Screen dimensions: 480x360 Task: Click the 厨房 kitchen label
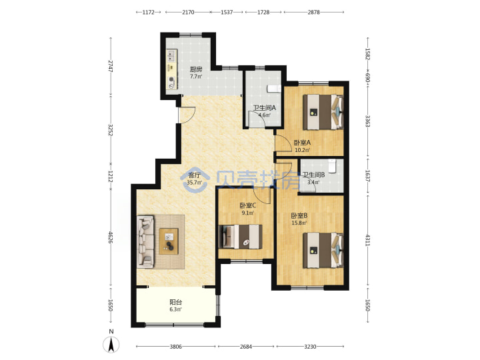click(195, 69)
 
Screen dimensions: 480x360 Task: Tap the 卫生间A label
click(265, 108)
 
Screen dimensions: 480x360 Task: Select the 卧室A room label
click(302, 143)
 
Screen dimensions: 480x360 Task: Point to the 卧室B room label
click(299, 215)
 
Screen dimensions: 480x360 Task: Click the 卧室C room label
click(247, 205)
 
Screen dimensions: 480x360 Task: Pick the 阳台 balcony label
click(176, 302)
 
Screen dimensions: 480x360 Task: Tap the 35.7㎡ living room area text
click(195, 183)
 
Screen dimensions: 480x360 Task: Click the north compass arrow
click(111, 344)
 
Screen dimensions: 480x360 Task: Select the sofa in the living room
click(145, 241)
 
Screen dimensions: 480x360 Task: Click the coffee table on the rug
click(169, 241)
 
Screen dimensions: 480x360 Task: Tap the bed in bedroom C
click(241, 237)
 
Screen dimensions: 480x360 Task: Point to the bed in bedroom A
click(323, 113)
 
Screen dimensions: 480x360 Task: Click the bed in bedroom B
click(323, 251)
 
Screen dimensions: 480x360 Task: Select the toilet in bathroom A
click(274, 89)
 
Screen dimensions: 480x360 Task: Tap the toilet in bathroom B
click(332, 165)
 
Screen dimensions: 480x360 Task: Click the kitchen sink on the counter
click(171, 55)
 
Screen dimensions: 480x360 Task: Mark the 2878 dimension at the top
click(314, 12)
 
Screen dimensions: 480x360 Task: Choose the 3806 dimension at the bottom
click(176, 347)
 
